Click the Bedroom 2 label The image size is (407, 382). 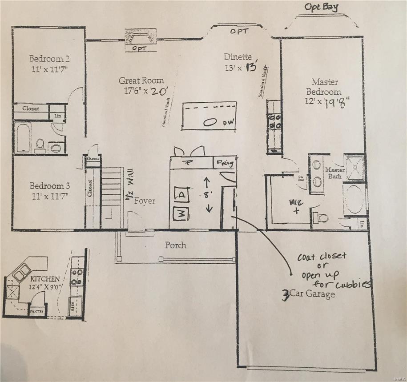(49, 59)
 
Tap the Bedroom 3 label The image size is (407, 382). (49, 186)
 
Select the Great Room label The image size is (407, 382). (141, 80)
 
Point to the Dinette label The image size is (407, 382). (238, 57)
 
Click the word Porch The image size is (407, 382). (176, 245)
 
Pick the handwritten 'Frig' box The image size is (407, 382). (225, 162)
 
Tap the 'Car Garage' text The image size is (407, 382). (313, 294)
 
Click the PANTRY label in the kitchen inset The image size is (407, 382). (36, 312)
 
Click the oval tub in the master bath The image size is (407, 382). (355, 200)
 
